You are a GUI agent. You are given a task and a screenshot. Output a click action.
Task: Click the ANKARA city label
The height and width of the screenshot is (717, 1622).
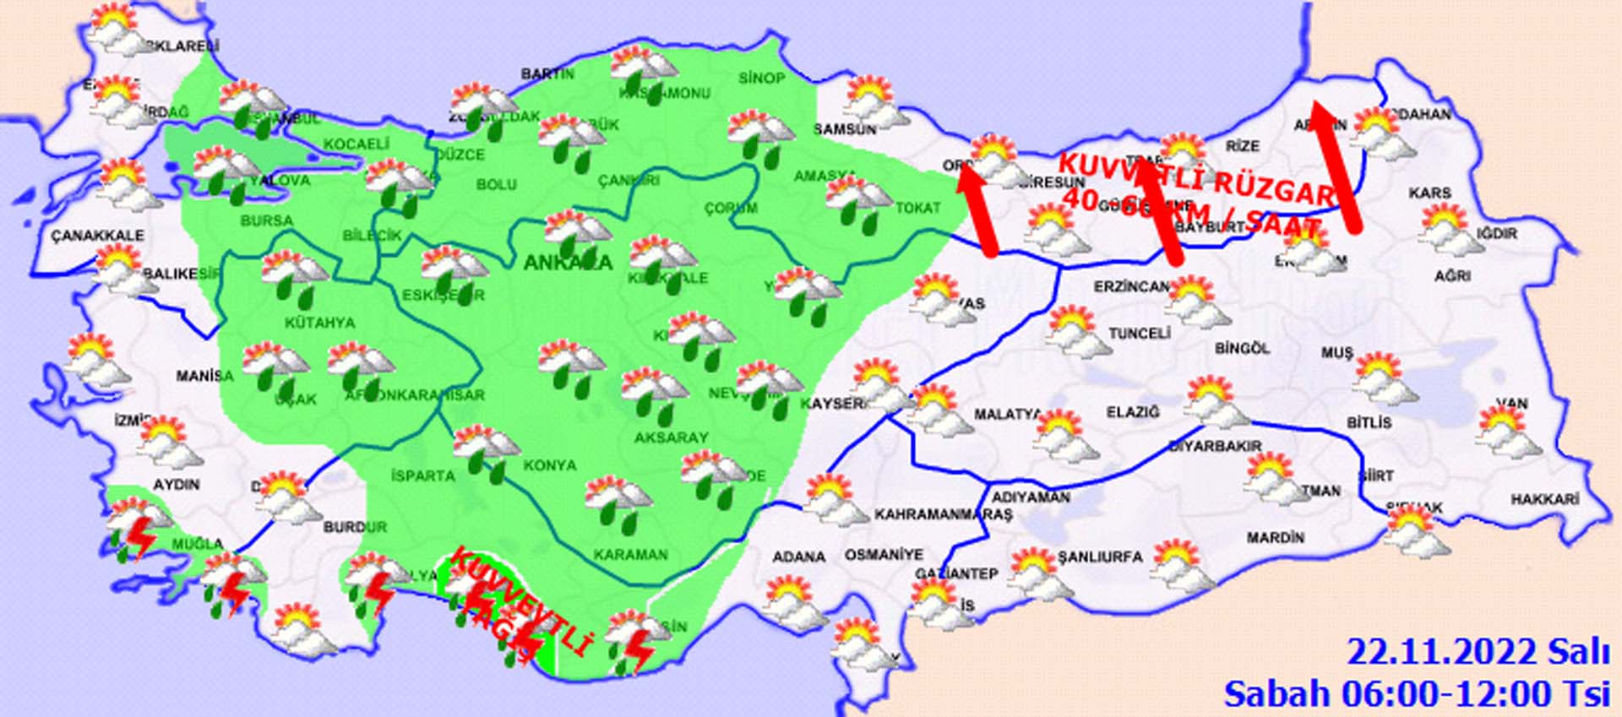567,263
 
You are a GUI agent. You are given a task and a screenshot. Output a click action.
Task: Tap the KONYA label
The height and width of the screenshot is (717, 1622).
549,465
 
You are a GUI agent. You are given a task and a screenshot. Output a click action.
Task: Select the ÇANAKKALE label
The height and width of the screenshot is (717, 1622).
97,236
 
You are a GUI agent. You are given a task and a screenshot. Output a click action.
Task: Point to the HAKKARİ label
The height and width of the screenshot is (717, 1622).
1544,499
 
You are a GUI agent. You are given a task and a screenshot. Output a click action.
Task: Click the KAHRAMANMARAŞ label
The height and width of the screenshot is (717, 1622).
943,514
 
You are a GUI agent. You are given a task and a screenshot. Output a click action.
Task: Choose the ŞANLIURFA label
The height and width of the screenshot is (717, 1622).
1100,557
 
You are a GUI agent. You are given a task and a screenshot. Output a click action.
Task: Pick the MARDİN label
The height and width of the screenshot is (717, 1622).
1275,537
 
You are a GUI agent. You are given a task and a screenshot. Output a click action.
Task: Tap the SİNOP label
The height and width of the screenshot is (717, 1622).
761,79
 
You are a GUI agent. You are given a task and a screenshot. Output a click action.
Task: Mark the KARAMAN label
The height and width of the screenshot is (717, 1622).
630,555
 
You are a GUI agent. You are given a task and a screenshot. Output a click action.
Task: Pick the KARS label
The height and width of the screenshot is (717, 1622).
1429,193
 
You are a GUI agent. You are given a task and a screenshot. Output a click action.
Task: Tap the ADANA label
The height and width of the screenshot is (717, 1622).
798,557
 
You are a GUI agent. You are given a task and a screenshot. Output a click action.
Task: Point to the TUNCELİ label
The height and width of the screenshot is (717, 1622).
1139,334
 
